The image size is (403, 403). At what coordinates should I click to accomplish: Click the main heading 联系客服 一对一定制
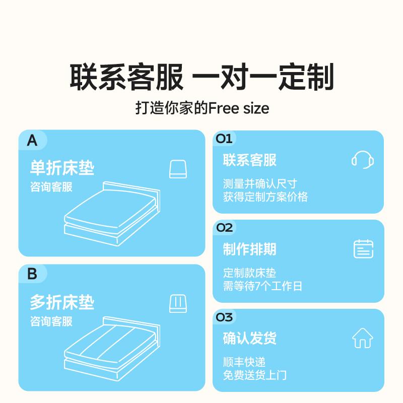click(201, 78)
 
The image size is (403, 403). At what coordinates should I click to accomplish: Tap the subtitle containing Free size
click(201, 108)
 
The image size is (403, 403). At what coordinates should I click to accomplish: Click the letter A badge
click(32, 141)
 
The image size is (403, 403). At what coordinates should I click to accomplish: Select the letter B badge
click(32, 274)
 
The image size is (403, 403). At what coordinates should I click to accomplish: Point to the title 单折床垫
click(62, 168)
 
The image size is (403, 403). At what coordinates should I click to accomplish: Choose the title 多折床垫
click(62, 302)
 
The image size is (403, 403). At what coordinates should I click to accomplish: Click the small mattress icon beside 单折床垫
click(178, 169)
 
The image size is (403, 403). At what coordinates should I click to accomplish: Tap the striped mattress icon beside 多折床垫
click(178, 304)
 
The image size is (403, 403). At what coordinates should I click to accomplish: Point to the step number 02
click(224, 228)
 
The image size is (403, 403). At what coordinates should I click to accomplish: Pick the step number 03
click(224, 317)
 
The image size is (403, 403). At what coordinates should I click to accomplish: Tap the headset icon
click(363, 160)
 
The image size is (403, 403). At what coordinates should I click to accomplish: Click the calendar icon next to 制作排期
click(363, 249)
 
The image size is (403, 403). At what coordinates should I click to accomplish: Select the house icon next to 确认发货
click(363, 338)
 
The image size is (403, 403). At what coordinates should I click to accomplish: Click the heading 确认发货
click(250, 338)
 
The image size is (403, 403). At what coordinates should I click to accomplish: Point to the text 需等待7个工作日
click(262, 287)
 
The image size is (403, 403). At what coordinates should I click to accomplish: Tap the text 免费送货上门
click(255, 375)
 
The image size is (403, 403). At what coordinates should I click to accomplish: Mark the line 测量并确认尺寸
click(260, 184)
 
